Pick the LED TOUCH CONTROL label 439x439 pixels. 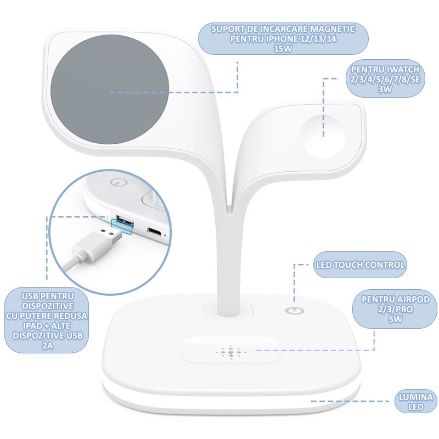click(360, 265)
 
